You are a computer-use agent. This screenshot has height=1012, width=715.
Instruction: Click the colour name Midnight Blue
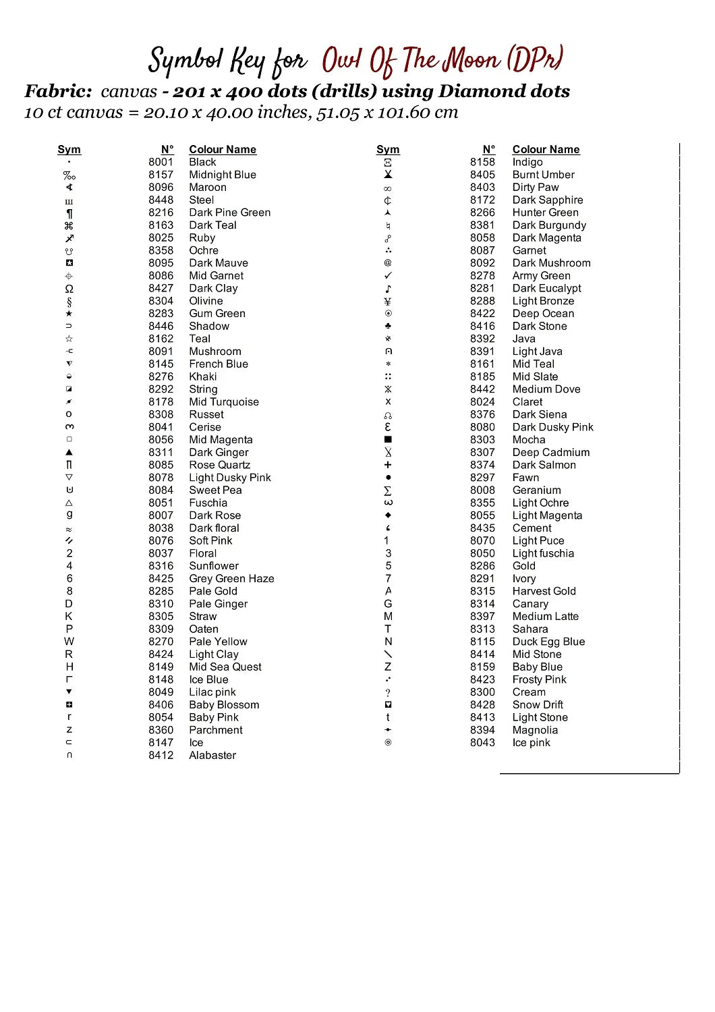223,175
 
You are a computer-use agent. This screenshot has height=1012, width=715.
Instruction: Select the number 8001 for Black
161,162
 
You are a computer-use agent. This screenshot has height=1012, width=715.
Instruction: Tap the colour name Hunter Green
545,213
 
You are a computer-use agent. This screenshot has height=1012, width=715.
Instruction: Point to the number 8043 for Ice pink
482,743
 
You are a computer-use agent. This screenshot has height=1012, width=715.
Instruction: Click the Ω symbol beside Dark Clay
69,289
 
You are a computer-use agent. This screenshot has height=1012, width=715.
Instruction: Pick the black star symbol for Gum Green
69,314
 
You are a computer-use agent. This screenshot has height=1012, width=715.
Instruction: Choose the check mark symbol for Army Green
388,276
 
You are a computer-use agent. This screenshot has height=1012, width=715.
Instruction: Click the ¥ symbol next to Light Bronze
388,302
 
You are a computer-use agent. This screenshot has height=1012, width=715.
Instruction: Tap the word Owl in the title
342,61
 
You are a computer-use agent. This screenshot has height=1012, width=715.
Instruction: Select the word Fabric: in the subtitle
58,91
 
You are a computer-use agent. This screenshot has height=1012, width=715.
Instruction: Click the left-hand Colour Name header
223,150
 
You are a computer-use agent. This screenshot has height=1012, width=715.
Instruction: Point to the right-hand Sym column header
388,150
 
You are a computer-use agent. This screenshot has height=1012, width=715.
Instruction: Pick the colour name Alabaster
212,756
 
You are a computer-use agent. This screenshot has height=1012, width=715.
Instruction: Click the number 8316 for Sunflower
161,566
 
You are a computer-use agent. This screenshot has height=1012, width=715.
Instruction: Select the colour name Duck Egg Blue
548,642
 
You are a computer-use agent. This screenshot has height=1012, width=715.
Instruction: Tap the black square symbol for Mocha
388,440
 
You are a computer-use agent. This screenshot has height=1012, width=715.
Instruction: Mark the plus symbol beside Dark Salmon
388,466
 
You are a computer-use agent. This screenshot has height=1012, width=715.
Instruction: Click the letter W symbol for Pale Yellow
69,642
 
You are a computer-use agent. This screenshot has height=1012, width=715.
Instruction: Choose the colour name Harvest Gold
544,591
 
